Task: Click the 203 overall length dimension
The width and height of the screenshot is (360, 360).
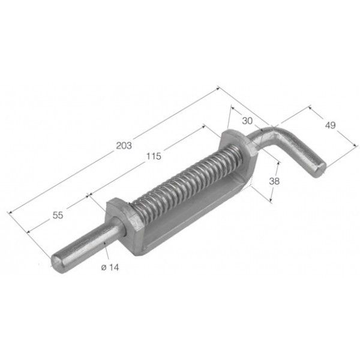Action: click(124, 146)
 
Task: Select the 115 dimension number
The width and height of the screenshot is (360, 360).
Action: click(154, 157)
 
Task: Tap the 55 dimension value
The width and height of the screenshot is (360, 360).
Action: click(58, 215)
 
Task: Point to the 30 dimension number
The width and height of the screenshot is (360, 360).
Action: click(247, 121)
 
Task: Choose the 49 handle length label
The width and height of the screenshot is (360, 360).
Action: click(331, 125)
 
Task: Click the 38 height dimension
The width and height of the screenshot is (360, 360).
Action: click(274, 181)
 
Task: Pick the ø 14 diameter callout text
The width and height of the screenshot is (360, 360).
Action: click(110, 267)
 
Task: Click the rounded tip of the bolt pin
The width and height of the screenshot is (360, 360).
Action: click(56, 262)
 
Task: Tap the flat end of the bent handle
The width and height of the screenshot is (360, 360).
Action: click(320, 169)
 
